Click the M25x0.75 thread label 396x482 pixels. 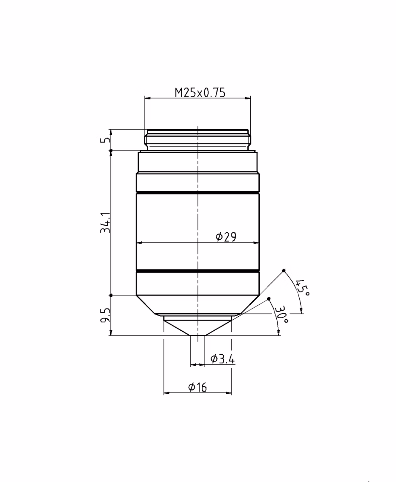[200, 93]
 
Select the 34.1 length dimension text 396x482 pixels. [105, 223]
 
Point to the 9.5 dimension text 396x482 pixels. [105, 316]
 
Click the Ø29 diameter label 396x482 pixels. [226, 237]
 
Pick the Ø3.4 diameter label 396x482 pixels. [222, 358]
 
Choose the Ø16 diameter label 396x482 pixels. [197, 387]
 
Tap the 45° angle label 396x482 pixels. [302, 288]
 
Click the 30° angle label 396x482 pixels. [281, 314]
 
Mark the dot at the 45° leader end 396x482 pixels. [283, 271]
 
